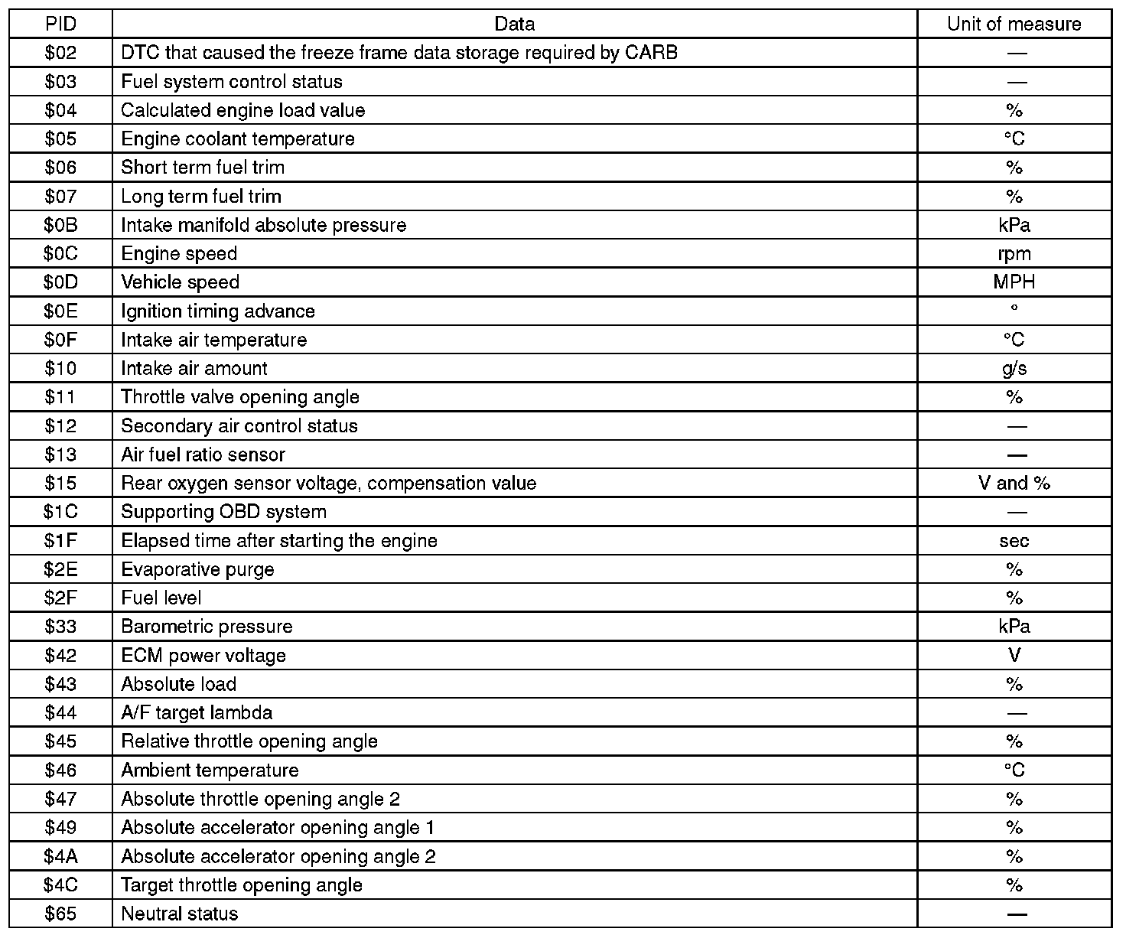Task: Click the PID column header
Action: point(60,24)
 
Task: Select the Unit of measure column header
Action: point(1014,24)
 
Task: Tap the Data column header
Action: point(514,24)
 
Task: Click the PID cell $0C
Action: point(60,253)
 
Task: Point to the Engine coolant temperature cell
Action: point(238,138)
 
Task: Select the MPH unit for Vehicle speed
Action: point(1014,282)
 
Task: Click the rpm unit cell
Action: point(1014,253)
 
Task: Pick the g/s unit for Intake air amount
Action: point(1014,368)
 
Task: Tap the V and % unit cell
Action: point(1014,483)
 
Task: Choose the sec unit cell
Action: point(1014,540)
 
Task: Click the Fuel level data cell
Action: point(161,598)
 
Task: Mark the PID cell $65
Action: point(60,913)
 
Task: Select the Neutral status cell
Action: point(180,913)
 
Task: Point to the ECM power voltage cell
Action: point(203,655)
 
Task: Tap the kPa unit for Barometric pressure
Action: point(1014,626)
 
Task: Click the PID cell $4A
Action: point(60,855)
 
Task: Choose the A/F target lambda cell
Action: point(197,712)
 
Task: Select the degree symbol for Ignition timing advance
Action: point(1014,308)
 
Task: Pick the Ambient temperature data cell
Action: point(210,770)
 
